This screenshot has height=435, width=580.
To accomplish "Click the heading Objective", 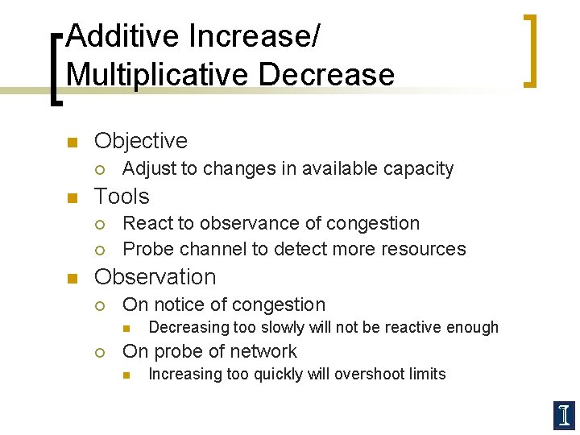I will click(x=141, y=141).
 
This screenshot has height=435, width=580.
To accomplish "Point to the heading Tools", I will click(x=122, y=197).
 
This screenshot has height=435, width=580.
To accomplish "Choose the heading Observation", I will click(x=155, y=277).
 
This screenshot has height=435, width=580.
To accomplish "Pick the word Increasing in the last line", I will click(x=188, y=374).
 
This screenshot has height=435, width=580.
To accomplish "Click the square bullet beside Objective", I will click(x=71, y=143).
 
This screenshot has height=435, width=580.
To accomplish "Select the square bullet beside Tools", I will click(x=71, y=198).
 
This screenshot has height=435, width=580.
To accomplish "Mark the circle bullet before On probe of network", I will click(x=99, y=352).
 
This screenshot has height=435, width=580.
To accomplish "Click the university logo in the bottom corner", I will click(x=563, y=415).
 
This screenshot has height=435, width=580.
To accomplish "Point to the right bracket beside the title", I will click(x=529, y=50).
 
